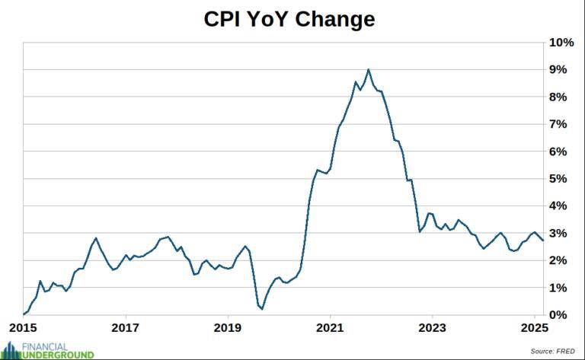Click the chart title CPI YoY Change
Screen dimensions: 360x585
[289, 19]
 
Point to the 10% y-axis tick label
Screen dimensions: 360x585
[561, 43]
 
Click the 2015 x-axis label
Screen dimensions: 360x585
[24, 330]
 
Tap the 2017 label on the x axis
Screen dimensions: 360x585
[126, 330]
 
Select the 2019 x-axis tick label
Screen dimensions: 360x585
[228, 330]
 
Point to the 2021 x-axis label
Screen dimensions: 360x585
[330, 330]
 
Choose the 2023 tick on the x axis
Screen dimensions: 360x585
[432, 330]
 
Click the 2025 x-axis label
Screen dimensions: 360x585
[534, 330]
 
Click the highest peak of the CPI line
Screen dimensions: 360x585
[369, 69]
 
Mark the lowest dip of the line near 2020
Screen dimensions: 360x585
[262, 309]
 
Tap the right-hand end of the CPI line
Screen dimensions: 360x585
[542, 240]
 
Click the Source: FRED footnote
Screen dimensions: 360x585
[553, 351]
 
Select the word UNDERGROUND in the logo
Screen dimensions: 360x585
[59, 355]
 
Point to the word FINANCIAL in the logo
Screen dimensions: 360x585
[46, 346]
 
